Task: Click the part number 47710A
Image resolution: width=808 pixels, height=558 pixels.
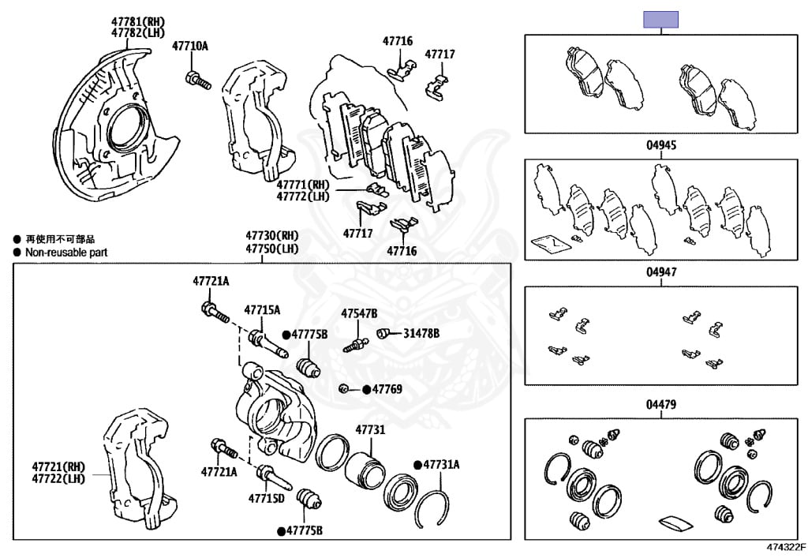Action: tap(190, 47)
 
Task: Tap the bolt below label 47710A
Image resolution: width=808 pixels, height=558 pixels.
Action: tap(196, 79)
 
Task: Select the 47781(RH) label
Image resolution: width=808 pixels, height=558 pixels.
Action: tap(138, 21)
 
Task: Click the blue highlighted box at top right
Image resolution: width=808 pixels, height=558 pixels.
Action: tap(661, 20)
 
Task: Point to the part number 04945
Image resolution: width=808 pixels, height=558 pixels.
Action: tap(661, 146)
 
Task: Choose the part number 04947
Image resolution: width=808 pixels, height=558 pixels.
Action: tap(661, 272)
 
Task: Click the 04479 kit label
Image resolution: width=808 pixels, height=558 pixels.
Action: tap(661, 405)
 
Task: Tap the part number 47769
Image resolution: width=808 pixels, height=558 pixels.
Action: tap(387, 389)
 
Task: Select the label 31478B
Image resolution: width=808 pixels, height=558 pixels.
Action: tap(421, 333)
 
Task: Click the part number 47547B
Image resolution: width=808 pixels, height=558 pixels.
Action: tap(359, 313)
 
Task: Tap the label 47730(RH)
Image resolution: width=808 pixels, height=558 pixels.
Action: tap(271, 235)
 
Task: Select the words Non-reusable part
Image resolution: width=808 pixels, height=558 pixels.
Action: tap(66, 253)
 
